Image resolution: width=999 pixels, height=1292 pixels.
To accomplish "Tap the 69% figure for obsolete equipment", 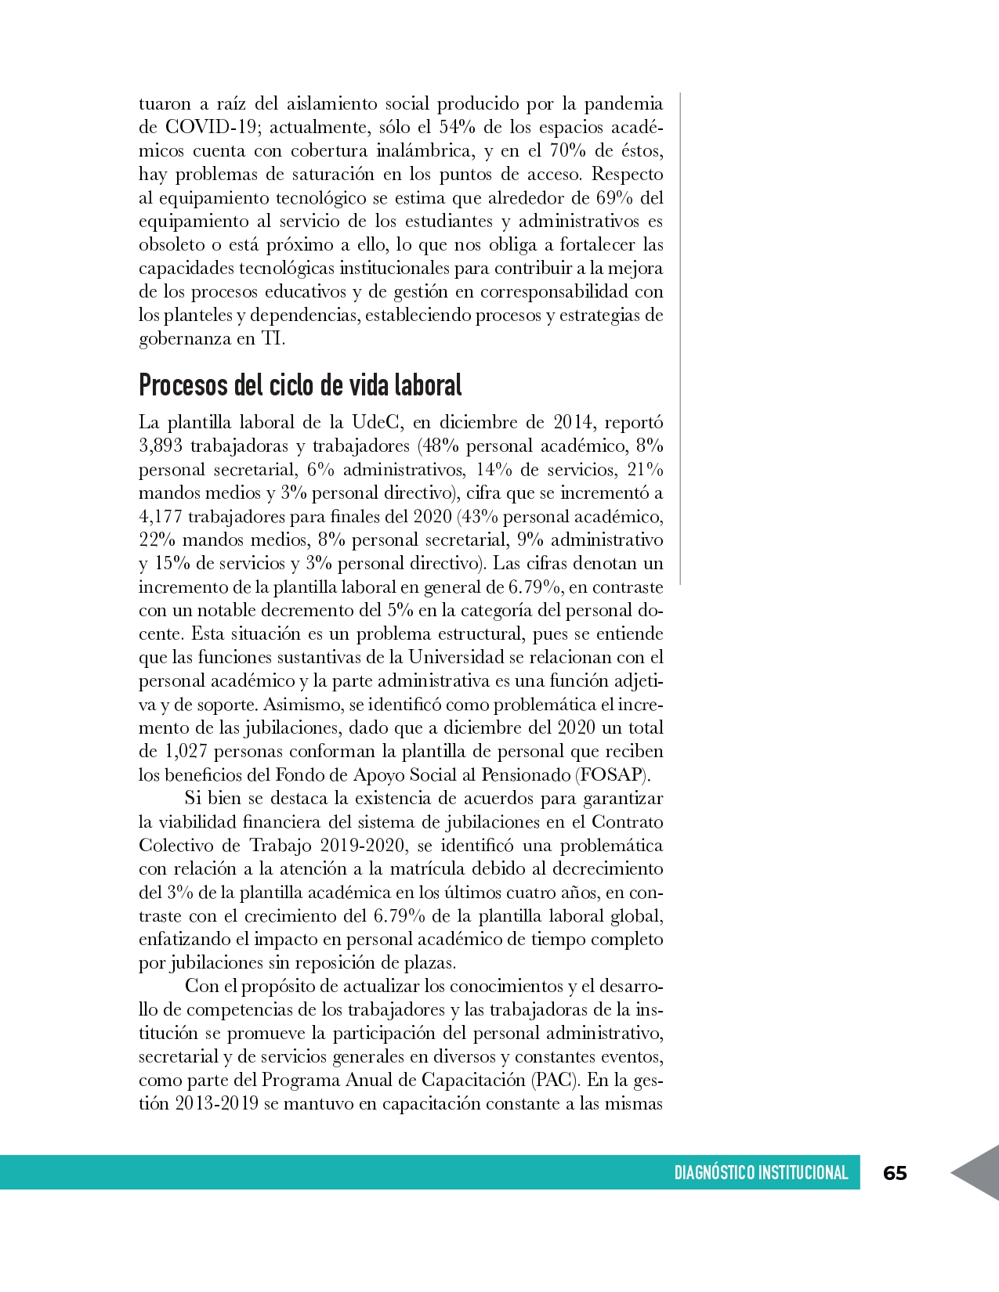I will (x=606, y=198).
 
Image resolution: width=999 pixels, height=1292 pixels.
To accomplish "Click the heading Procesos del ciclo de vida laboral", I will (x=300, y=385).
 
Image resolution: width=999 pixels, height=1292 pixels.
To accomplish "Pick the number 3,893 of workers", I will (x=161, y=446).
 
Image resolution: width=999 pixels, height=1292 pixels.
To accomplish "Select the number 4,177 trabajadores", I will (x=161, y=517).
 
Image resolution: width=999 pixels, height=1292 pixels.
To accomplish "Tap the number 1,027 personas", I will (x=185, y=752).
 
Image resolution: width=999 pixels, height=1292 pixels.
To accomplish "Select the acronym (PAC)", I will (x=555, y=1081).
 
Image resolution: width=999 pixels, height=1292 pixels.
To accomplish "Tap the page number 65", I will (x=895, y=1173).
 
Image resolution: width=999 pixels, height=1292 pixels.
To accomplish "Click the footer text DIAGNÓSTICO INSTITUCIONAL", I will (x=761, y=1173).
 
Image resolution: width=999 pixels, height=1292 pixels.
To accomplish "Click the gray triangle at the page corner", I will (x=979, y=1172).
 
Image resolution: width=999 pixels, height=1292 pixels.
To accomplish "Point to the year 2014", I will (x=572, y=423).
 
